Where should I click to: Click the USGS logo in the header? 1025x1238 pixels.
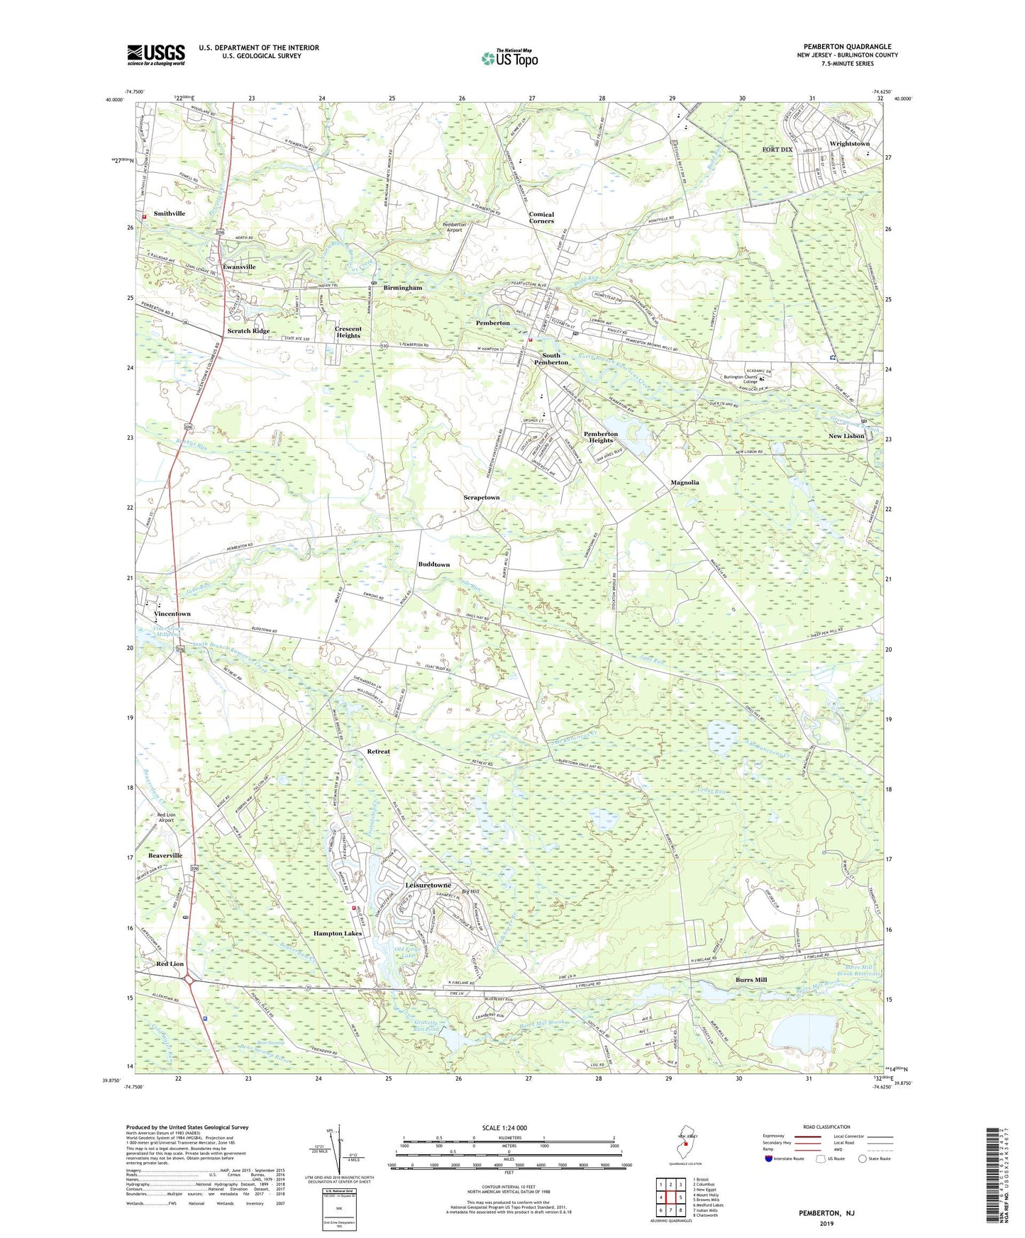pos(156,55)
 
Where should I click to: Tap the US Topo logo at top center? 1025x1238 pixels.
pos(509,58)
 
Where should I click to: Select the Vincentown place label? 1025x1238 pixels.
pos(172,614)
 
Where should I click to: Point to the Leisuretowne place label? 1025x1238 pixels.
pos(428,886)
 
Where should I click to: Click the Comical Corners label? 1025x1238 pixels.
pos(541,218)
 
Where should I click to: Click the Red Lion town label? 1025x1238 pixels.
pos(170,964)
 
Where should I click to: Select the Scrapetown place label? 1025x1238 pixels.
pos(482,498)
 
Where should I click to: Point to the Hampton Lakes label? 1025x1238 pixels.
pos(338,934)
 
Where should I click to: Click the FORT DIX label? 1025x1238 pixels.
pos(777,150)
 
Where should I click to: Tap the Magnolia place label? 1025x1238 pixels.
pos(685,482)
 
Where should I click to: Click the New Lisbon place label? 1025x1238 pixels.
pos(846,436)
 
